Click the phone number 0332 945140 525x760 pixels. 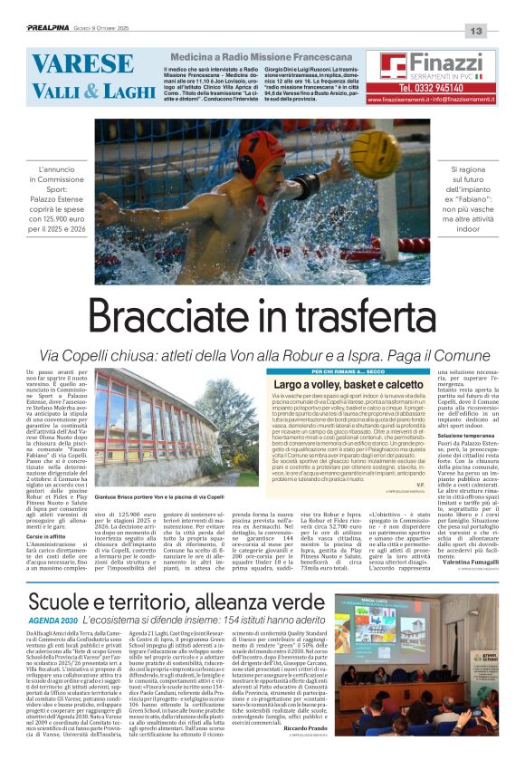(x=437, y=88)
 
